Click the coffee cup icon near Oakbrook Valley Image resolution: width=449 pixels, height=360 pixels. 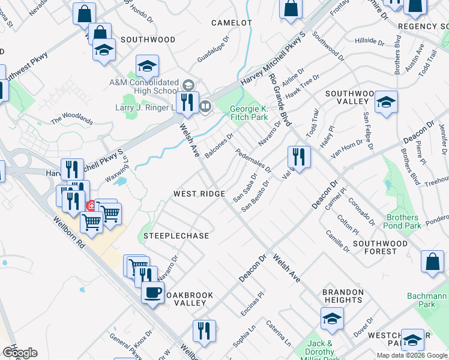152,293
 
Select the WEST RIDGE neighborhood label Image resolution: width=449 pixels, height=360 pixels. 199,194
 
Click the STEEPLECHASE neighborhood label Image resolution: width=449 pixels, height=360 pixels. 176,236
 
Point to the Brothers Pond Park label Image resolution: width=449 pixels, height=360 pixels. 403,221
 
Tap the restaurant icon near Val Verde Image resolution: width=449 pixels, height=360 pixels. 298,157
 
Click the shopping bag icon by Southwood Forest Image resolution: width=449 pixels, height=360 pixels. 433,262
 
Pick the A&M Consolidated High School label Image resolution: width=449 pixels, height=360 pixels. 143,86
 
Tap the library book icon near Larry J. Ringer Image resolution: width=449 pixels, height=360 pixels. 205,107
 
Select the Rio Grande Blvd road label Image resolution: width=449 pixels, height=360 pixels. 280,99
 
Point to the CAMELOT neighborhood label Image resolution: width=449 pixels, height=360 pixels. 231,22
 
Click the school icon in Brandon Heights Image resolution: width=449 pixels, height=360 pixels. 332,319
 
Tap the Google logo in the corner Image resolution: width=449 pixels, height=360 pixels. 20,353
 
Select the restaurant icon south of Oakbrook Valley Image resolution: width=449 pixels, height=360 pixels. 204,331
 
